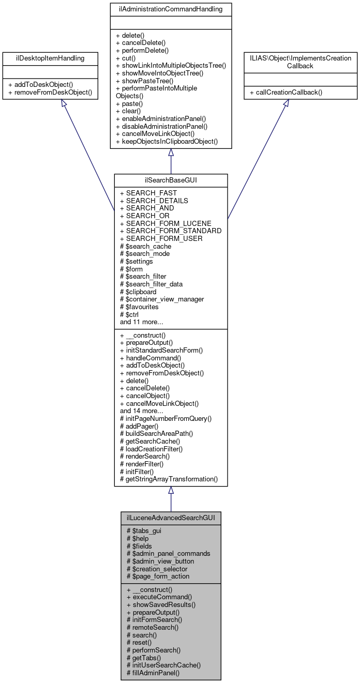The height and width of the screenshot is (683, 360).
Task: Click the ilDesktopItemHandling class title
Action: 50,59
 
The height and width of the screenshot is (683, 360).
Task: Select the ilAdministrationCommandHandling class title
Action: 171,10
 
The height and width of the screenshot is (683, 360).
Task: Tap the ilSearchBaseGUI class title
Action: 171,181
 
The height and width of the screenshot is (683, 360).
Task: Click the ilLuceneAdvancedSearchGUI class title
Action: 171,518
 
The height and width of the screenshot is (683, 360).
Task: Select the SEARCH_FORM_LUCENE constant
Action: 166,223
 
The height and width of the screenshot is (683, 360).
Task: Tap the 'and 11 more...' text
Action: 142,322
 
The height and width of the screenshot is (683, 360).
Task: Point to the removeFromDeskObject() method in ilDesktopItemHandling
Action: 50,93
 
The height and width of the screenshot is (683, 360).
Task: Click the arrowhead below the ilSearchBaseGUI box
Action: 171,490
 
